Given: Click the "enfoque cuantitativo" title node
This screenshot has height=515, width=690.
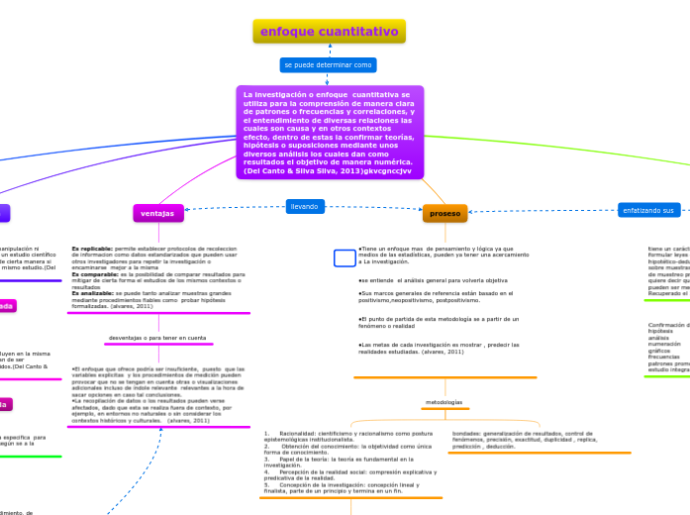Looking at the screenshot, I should pyautogui.click(x=330, y=32).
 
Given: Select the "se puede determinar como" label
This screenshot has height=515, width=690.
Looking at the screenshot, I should pyautogui.click(x=329, y=64).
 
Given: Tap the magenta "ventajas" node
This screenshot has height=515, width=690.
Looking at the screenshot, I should pyautogui.click(x=157, y=212).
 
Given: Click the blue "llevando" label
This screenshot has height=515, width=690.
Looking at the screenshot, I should pyautogui.click(x=304, y=206).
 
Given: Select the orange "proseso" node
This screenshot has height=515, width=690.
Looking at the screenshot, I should pyautogui.click(x=445, y=213).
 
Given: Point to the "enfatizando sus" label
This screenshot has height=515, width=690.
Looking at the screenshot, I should pyautogui.click(x=647, y=210).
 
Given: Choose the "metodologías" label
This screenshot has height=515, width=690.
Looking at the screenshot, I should pyautogui.click(x=444, y=402).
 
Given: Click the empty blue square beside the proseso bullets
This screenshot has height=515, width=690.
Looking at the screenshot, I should pyautogui.click(x=344, y=257).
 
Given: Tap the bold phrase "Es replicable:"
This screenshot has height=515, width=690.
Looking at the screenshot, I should pyautogui.click(x=92, y=249).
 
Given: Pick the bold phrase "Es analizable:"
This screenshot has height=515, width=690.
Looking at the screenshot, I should pyautogui.click(x=93, y=293).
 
